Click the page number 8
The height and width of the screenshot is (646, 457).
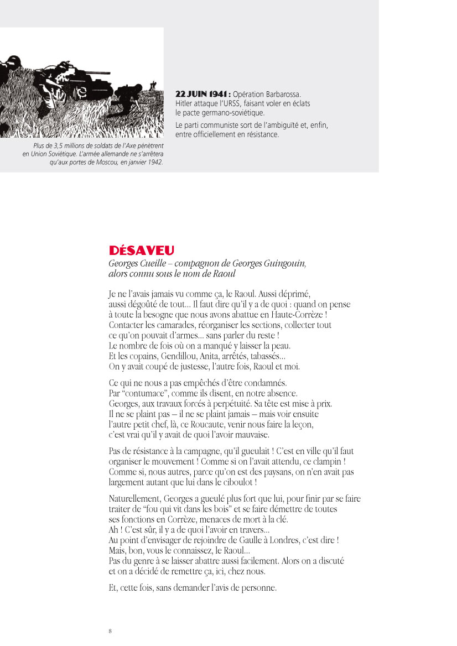[x=111, y=631]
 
